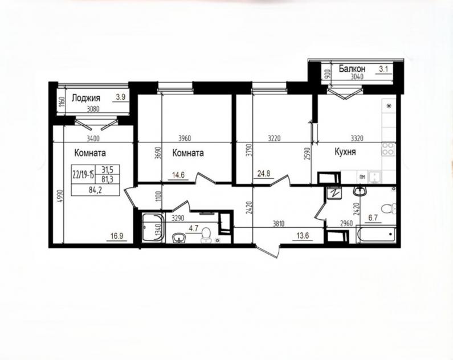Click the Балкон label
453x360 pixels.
click(x=352, y=69)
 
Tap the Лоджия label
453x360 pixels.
click(x=86, y=97)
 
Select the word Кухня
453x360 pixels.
click(x=345, y=152)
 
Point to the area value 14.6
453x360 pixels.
click(x=178, y=175)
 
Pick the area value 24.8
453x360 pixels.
click(x=263, y=174)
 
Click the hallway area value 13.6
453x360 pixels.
click(x=303, y=235)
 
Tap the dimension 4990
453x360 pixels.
click(x=59, y=197)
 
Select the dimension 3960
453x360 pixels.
click(x=185, y=138)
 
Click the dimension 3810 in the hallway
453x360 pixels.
click(x=278, y=223)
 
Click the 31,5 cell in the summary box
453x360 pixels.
click(x=107, y=170)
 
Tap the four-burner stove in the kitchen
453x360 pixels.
click(x=388, y=149)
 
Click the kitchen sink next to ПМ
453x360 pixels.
click(x=375, y=177)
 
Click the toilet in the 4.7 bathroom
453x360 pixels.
click(x=205, y=235)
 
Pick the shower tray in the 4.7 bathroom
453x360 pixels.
click(x=153, y=227)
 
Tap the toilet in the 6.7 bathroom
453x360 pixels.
click(x=388, y=208)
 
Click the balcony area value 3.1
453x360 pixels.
click(x=383, y=69)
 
